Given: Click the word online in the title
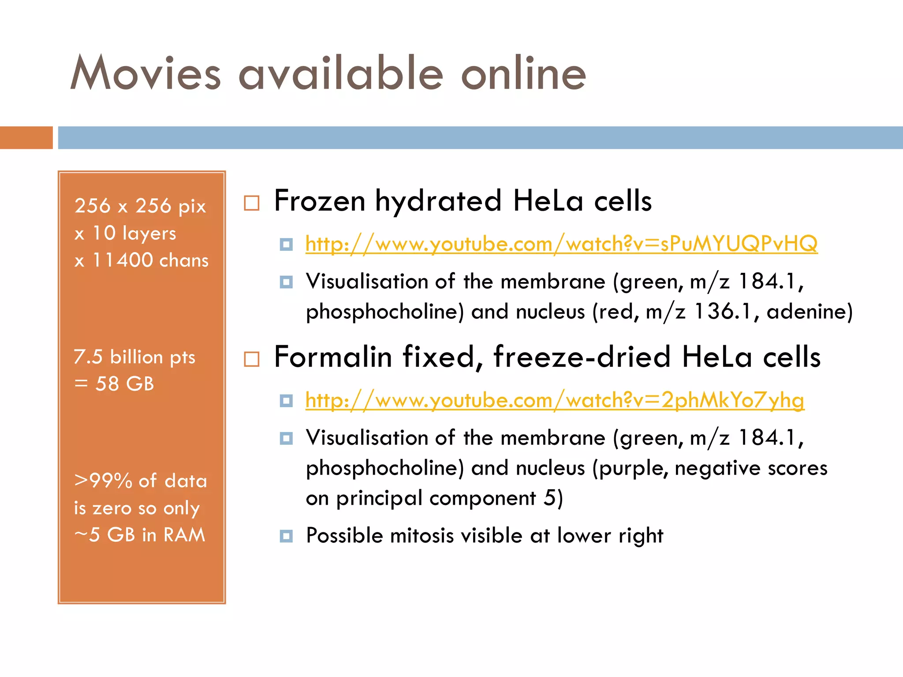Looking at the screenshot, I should (x=523, y=73).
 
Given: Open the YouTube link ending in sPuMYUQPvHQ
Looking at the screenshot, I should (x=561, y=244).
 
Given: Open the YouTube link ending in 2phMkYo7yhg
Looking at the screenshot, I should (x=555, y=400).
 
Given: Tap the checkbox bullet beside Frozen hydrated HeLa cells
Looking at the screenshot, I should (x=252, y=203).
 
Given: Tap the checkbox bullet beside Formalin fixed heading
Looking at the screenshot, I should (x=252, y=359).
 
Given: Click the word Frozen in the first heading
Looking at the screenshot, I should (x=320, y=201).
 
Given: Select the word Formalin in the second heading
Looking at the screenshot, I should (x=333, y=357).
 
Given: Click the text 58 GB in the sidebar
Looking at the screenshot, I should (x=125, y=384).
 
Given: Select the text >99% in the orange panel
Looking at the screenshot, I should (x=103, y=481).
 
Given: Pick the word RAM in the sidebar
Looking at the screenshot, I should (x=184, y=535).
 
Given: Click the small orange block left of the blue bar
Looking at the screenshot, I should (x=26, y=138).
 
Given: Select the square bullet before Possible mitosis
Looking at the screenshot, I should (x=286, y=536).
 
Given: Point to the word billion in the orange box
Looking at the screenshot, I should (x=136, y=357).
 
